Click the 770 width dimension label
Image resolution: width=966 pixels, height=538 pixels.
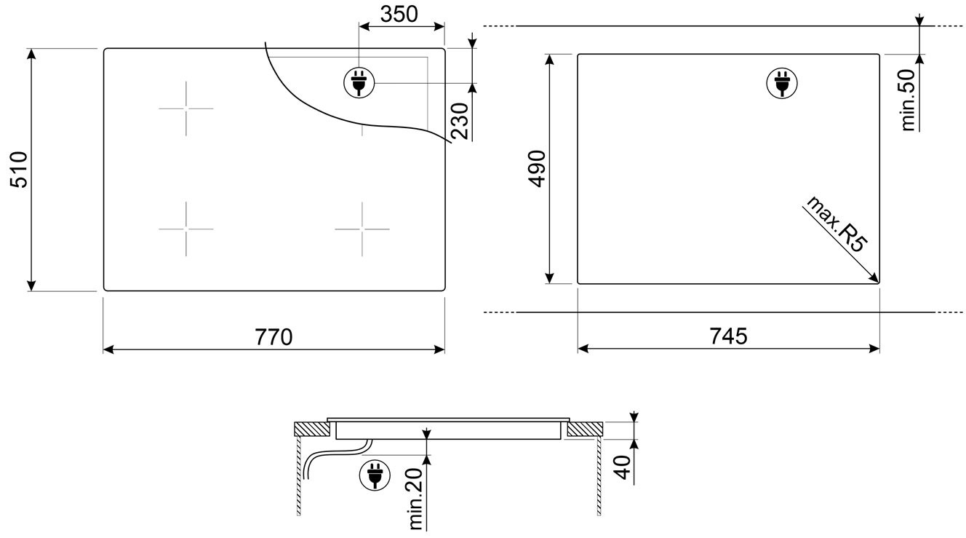274,337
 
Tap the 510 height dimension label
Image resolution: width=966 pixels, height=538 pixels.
20,170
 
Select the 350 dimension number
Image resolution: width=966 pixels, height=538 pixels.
399,14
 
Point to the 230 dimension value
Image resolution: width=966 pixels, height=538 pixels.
460,122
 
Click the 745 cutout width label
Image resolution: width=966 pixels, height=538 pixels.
728,336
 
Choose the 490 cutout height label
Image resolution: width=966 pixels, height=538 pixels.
538,169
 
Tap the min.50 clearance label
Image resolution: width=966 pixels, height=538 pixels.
909,100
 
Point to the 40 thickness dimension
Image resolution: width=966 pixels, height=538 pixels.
622,467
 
